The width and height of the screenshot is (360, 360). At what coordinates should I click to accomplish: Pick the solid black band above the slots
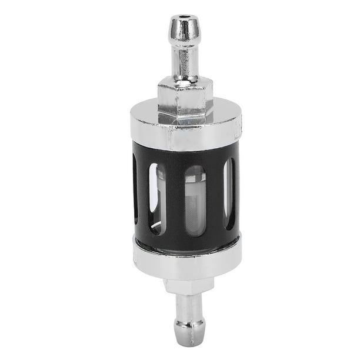click(x=185, y=155)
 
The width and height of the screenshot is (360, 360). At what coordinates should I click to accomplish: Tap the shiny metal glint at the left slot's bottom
click(x=154, y=227)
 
